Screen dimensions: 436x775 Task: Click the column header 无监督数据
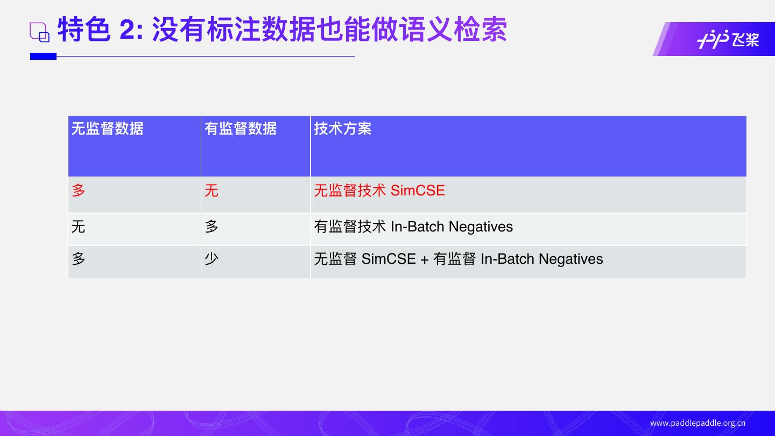coord(107,129)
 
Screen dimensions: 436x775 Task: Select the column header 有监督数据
coord(240,129)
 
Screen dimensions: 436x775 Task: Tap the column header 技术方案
coord(342,129)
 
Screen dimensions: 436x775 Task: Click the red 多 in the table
coord(79,191)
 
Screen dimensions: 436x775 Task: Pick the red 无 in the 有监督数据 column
coord(211,191)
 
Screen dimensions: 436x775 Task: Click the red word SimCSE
coord(418,191)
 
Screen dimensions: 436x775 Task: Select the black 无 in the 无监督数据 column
coord(79,227)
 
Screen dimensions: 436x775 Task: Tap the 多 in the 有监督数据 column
coord(212,227)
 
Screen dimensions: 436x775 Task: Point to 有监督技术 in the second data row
coord(350,227)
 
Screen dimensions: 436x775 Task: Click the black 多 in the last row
coord(79,259)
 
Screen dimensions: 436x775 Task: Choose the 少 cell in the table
coord(212,259)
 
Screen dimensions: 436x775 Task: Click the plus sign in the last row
coord(424,259)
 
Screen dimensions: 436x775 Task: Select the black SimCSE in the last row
coord(389,259)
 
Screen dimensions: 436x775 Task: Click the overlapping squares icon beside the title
coord(39,32)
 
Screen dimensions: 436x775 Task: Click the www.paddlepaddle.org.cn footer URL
coord(697,423)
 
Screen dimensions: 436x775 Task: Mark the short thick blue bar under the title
coord(43,56)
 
